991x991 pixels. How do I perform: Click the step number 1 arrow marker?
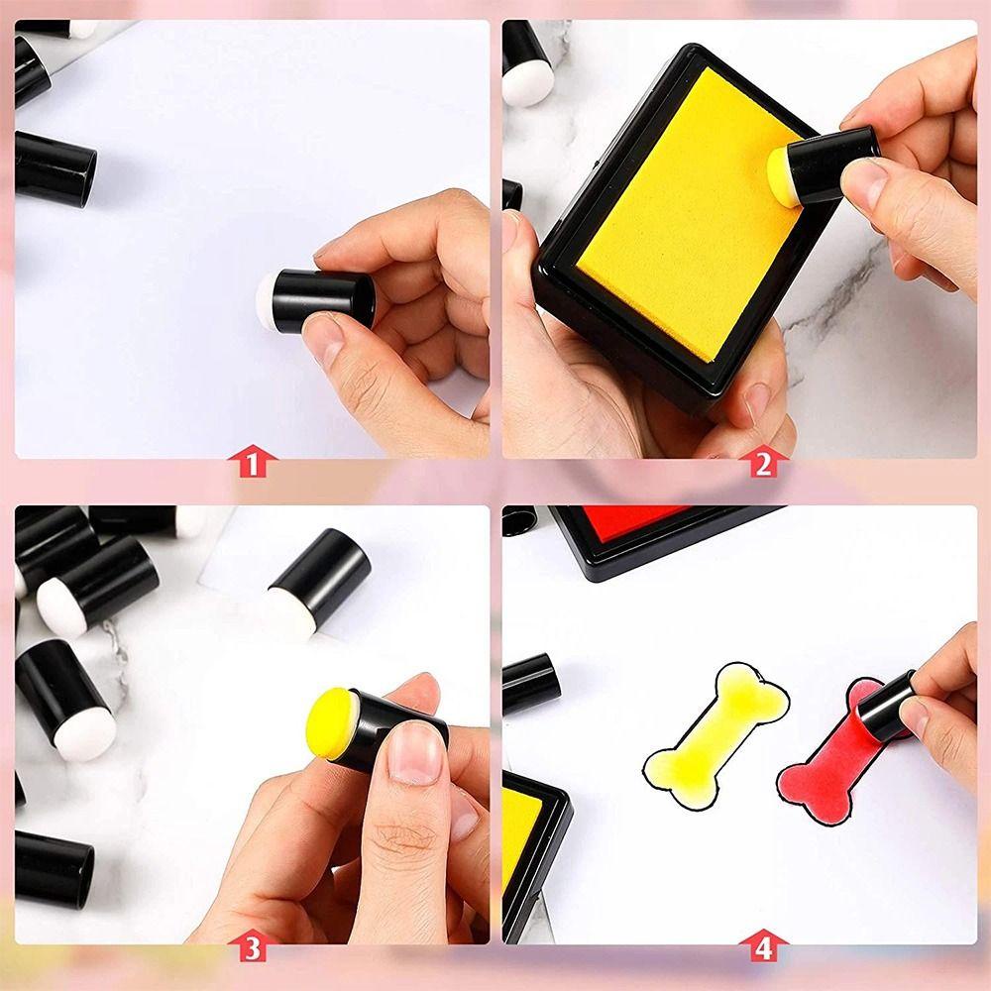click(252, 463)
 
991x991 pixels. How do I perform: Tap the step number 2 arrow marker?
click(762, 463)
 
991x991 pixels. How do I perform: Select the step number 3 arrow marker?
click(252, 948)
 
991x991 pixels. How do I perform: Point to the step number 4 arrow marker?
click(762, 948)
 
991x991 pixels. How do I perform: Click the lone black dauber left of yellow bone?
click(530, 683)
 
